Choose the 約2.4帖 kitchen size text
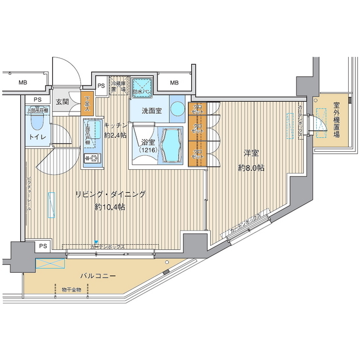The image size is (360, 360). coord(116,135)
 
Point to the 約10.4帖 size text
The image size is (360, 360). coord(110,206)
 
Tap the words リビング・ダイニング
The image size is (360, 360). coord(111,195)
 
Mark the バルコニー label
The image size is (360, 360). coord(97,276)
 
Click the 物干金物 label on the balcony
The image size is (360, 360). coord(71,289)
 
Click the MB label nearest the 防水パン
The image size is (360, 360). coord(174,83)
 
